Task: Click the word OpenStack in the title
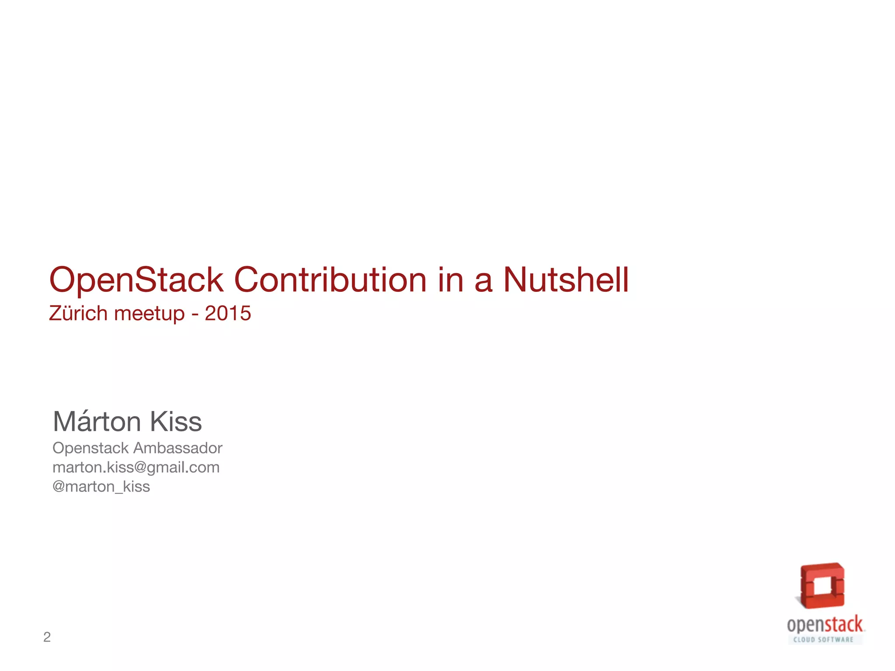(x=136, y=280)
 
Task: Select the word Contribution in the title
(x=330, y=280)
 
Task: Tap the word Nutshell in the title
(x=566, y=280)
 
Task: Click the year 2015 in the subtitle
(x=228, y=313)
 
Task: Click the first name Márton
(x=97, y=422)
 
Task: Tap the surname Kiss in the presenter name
(x=176, y=422)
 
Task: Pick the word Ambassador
(x=178, y=448)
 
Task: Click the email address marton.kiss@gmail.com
(x=136, y=467)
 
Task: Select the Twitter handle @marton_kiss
(x=101, y=487)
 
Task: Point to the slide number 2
(x=47, y=637)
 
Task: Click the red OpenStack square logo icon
(x=822, y=586)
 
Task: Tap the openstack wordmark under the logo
(x=825, y=625)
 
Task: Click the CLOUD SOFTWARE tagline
(x=823, y=640)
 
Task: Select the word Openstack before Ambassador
(x=90, y=448)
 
